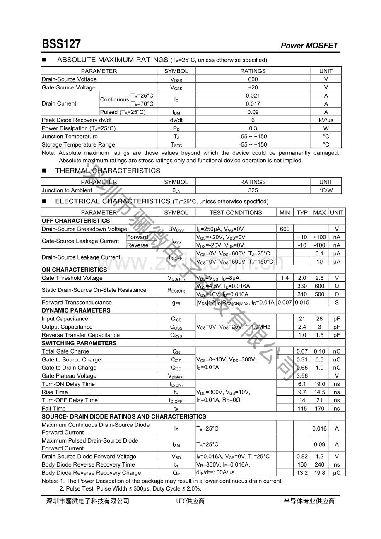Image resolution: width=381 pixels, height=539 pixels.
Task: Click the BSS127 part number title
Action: pyautogui.click(x=61, y=44)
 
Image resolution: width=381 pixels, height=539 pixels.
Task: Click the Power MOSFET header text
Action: pyautogui.click(x=309, y=46)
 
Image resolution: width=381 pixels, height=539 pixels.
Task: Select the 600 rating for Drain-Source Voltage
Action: pyautogui.click(x=253, y=79)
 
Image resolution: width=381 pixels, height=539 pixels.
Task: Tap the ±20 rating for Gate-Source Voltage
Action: pyautogui.click(x=253, y=87)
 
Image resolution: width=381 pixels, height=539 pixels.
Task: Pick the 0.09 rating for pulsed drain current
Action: pyautogui.click(x=253, y=112)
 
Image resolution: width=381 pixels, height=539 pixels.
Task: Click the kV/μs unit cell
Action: pyautogui.click(x=326, y=120)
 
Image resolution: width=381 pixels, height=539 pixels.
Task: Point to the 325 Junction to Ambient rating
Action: pyautogui.click(x=253, y=190)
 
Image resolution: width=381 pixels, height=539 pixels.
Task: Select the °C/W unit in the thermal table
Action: pyautogui.click(x=326, y=190)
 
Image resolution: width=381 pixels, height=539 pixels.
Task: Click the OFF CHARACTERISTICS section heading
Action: pyautogui.click(x=76, y=221)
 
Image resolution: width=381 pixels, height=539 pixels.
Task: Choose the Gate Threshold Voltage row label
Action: pyautogui.click(x=72, y=278)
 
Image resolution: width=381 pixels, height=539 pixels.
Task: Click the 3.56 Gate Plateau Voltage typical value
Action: pyautogui.click(x=302, y=376)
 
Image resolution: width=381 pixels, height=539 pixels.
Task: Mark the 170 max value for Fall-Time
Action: pyautogui.click(x=319, y=409)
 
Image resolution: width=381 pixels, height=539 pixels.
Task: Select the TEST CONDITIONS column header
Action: pyautogui.click(x=235, y=213)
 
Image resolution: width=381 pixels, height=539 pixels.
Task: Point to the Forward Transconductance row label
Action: pyautogui.click(x=77, y=303)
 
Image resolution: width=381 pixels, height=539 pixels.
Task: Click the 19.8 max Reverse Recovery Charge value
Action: pyautogui.click(x=319, y=473)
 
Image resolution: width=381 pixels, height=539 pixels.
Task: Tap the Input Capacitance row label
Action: pyautogui.click(x=65, y=319)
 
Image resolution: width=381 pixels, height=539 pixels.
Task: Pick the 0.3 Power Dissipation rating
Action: pyautogui.click(x=253, y=128)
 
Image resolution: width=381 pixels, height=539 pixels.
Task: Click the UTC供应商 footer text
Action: pyautogui.click(x=190, y=501)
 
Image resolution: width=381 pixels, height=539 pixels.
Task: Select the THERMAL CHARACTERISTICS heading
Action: pyautogui.click(x=108, y=171)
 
